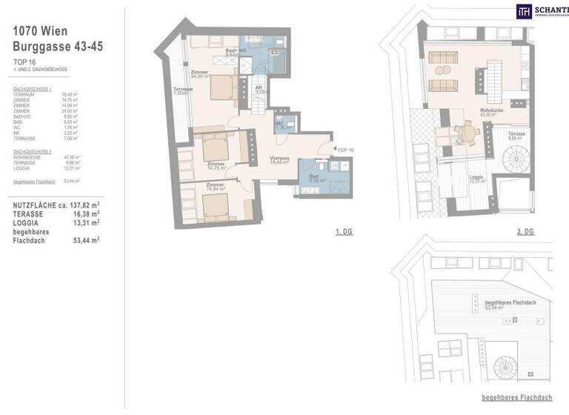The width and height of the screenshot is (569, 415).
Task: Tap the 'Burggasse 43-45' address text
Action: [x=58, y=46]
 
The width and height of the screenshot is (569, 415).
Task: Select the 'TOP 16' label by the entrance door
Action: [x=345, y=150]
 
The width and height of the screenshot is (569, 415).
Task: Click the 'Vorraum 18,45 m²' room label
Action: [x=279, y=160]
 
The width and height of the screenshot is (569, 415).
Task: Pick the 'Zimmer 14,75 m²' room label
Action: [x=216, y=166]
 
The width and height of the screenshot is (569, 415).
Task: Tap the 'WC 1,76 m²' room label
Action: [x=281, y=126]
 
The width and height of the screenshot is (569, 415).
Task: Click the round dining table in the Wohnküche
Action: [x=466, y=134]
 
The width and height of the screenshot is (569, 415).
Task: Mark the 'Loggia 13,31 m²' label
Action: [x=479, y=179]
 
